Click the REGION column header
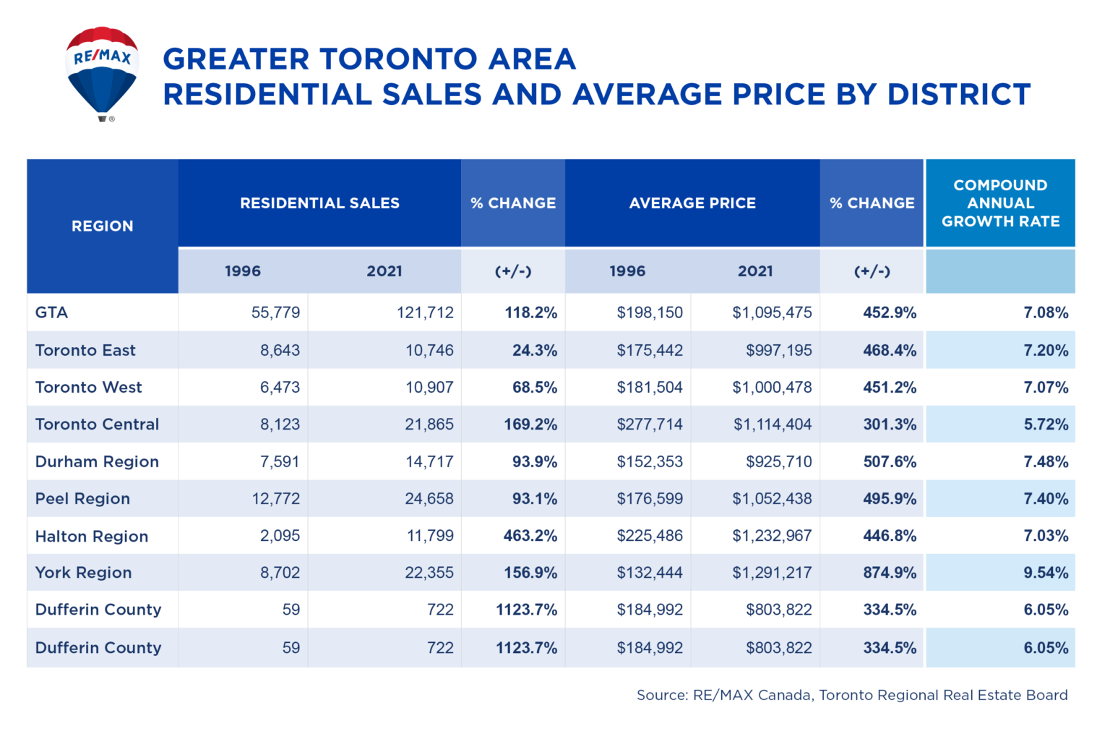[x=102, y=226]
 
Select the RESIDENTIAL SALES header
[x=319, y=203]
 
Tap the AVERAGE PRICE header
[x=692, y=203]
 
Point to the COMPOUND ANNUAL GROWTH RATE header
[x=1000, y=203]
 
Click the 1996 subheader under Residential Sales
[x=242, y=271]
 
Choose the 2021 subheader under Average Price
[x=755, y=271]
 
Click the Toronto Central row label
[x=97, y=424]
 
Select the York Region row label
[x=83, y=573]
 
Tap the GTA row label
[x=51, y=312]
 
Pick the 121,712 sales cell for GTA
[x=425, y=312]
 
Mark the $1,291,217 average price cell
[x=772, y=573]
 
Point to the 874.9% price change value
[x=890, y=573]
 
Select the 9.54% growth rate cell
[x=1046, y=573]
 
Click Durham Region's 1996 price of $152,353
[x=649, y=461]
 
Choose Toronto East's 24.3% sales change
[x=535, y=350]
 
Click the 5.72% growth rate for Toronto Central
[x=1046, y=424]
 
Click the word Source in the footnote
[x=661, y=695]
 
